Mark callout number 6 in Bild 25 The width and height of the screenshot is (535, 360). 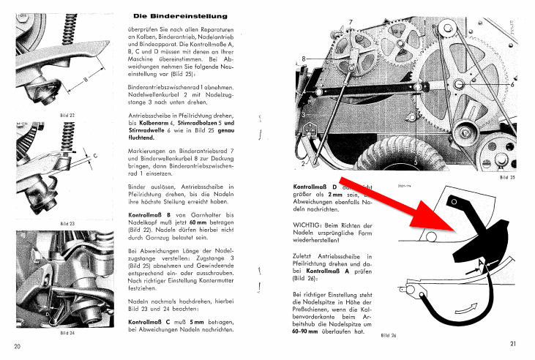click(x=512, y=83)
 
